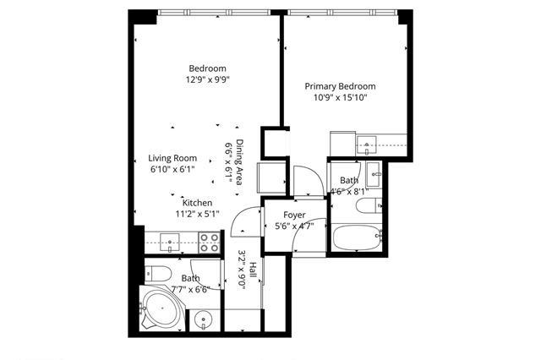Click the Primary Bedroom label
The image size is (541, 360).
pyautogui.click(x=340, y=86)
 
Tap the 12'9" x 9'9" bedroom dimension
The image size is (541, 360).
pyautogui.click(x=208, y=80)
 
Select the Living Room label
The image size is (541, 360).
pyautogui.click(x=172, y=158)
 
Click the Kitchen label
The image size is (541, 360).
pyautogui.click(x=197, y=203)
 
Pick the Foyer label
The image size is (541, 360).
pyautogui.click(x=294, y=215)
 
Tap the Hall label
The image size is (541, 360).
pyautogui.click(x=253, y=270)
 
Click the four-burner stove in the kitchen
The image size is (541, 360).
pyautogui.click(x=210, y=243)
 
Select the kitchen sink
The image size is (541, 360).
pyautogui.click(x=169, y=243)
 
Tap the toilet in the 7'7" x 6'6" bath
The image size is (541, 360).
pyautogui.click(x=158, y=274)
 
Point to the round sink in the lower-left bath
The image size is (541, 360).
pyautogui.click(x=204, y=320)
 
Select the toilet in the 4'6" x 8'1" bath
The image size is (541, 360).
pyautogui.click(x=369, y=205)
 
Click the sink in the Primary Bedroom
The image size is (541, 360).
pyautogui.click(x=367, y=145)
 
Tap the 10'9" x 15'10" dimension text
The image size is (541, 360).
pyautogui.click(x=340, y=97)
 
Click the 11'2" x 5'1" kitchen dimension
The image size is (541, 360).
pyautogui.click(x=197, y=214)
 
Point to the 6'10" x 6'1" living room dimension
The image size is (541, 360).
pyautogui.click(x=172, y=170)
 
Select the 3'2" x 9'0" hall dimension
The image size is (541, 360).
pyautogui.click(x=242, y=270)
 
